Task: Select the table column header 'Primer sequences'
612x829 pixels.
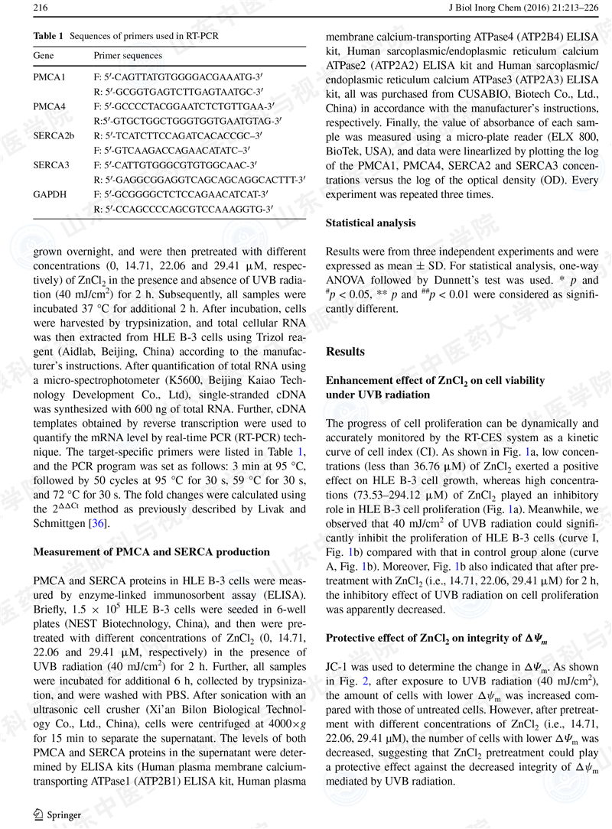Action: [x=128, y=57]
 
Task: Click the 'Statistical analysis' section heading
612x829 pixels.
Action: [x=371, y=223]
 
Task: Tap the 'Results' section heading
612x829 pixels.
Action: [x=345, y=352]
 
